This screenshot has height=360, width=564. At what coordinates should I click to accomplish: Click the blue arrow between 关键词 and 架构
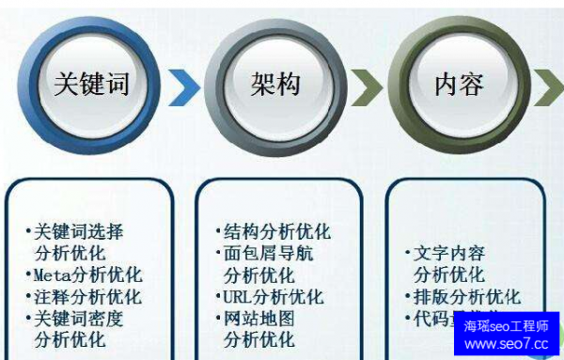pos(186,87)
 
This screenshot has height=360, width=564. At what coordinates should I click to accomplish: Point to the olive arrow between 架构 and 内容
pos(368,87)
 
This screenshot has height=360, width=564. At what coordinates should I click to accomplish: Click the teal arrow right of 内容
pos(549,87)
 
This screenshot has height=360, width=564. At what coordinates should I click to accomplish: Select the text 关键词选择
pos(79,231)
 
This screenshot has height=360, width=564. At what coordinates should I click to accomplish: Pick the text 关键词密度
pos(79,319)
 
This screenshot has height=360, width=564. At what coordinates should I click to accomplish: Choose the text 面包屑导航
pos(269,254)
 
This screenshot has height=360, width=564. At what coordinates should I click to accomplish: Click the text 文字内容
pos(450,254)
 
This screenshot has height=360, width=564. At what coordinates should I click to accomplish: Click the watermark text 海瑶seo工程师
pos(506,326)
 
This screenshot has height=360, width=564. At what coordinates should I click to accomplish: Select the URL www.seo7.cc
pos(506,344)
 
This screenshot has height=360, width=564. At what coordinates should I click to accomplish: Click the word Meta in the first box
pos(53,275)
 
